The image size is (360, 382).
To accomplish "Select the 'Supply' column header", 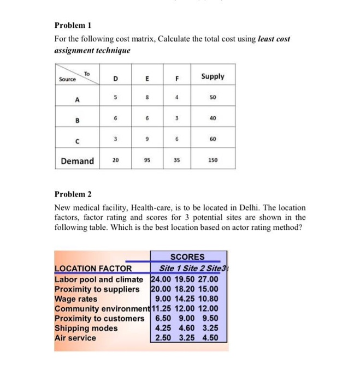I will point(213,76).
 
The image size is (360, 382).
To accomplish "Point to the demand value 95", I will point(146,161).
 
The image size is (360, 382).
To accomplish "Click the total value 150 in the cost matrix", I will point(213,161).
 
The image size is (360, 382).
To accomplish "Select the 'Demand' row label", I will point(77,161).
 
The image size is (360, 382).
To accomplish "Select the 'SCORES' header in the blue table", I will point(187,256).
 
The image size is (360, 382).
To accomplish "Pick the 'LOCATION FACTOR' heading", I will point(93,268).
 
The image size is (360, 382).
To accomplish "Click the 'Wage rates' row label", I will point(76,299).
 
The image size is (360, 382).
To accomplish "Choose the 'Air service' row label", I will point(75,338).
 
